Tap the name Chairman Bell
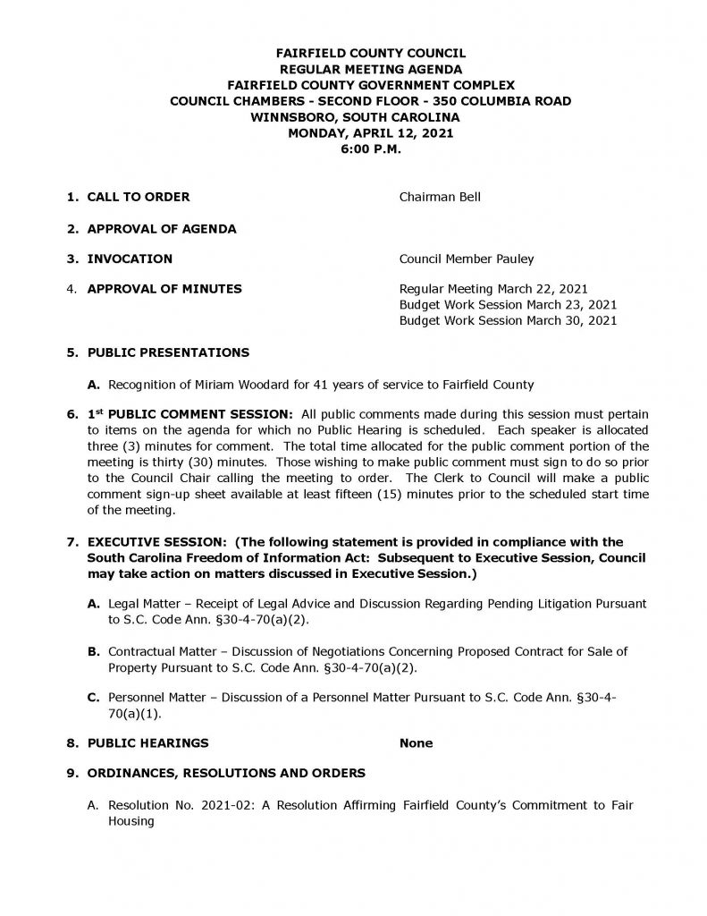point(440,197)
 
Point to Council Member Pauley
point(467,259)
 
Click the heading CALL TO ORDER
point(138,197)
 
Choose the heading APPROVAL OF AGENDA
point(162,229)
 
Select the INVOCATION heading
point(130,259)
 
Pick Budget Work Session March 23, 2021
point(508,304)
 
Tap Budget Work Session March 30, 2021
point(508,319)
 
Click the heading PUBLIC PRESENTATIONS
point(168,352)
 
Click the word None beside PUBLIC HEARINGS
point(416,742)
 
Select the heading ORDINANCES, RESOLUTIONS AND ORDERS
point(226,773)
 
